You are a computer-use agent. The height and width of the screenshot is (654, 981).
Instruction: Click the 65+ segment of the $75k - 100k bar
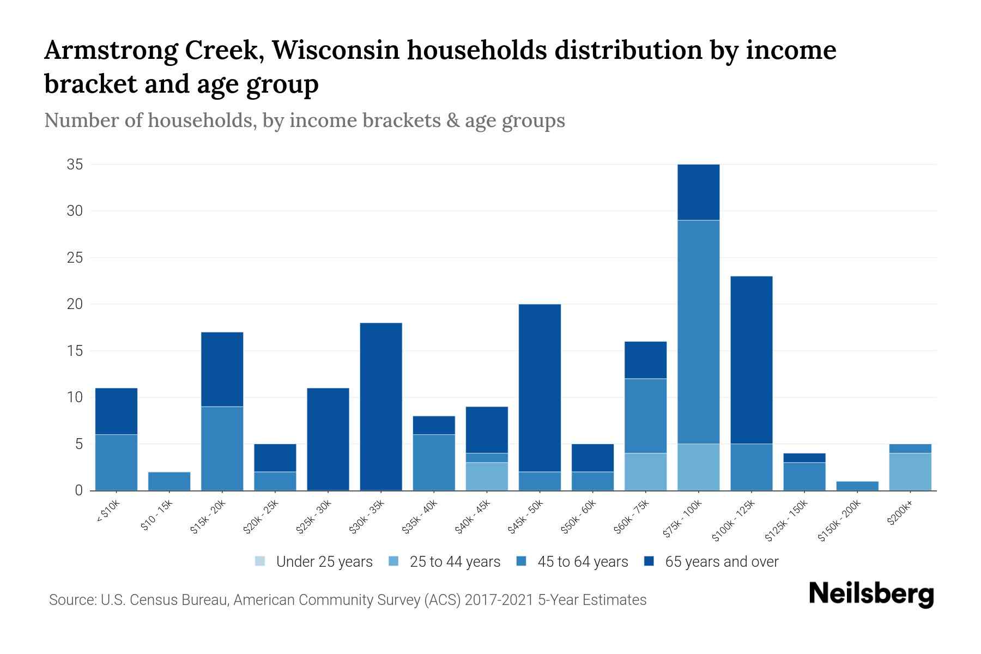tap(698, 192)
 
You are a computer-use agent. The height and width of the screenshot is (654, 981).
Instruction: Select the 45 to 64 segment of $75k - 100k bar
tap(698, 331)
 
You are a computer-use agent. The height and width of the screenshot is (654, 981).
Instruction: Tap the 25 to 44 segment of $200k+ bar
tap(910, 471)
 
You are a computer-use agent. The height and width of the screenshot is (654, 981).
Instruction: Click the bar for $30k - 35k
tap(381, 406)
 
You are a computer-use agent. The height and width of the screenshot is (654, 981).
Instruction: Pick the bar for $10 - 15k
tap(169, 481)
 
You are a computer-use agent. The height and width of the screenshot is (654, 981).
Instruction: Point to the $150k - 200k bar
tap(857, 486)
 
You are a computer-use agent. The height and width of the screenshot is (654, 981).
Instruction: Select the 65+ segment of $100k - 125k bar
tap(751, 360)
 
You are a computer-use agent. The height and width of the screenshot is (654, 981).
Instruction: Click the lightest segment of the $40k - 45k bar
tap(487, 476)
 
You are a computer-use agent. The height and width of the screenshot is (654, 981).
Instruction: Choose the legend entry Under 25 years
tap(314, 562)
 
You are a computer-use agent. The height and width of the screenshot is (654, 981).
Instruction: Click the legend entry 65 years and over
tap(711, 562)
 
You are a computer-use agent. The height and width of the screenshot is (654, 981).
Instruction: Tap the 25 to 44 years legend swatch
tap(394, 561)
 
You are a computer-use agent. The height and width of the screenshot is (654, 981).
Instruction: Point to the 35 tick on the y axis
tap(75, 165)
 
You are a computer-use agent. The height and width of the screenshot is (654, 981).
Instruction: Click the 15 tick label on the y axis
tap(75, 351)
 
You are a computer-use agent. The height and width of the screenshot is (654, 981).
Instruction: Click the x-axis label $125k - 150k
tap(786, 520)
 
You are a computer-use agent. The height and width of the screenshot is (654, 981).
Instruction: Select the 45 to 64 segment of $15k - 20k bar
tap(222, 448)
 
